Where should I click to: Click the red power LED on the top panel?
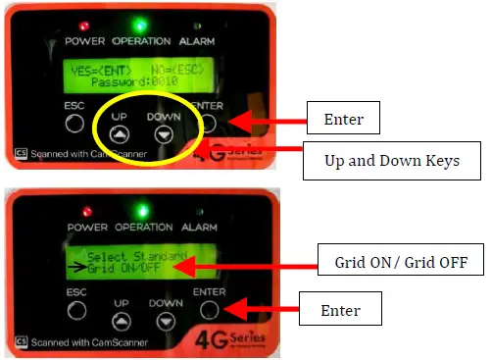tap(86, 24)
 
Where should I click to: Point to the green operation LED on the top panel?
tap(142, 24)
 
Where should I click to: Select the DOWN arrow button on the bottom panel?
tap(164, 320)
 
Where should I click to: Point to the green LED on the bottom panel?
tap(142, 207)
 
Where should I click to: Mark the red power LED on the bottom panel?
tap(86, 210)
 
